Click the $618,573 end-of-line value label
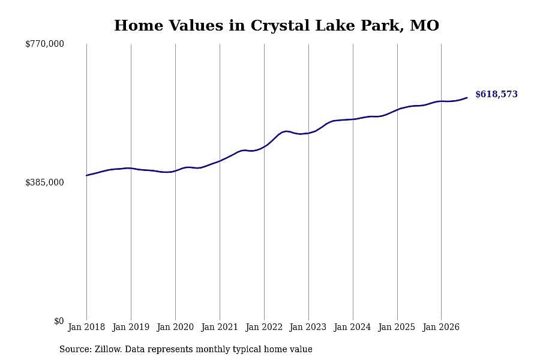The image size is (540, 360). tap(496, 94)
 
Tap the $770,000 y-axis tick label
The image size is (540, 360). tap(44, 44)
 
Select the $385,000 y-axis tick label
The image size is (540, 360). tap(44, 182)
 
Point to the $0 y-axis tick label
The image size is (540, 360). tap(59, 321)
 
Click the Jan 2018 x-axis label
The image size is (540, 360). tap(86, 327)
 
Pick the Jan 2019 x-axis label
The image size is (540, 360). tap(131, 327)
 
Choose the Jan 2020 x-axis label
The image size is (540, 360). tap(175, 327)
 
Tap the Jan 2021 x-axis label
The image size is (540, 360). tap(220, 327)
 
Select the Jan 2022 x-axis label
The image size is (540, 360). tap(264, 327)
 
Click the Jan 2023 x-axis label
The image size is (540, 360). tap(308, 327)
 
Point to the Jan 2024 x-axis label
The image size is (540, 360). tap(353, 327)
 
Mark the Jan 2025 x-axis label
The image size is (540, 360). tap(397, 327)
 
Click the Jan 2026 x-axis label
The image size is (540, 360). tap(441, 327)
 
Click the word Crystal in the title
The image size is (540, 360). tap(280, 26)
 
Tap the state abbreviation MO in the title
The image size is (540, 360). tap(425, 25)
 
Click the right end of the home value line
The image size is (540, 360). tap(467, 98)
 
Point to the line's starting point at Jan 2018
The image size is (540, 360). tap(86, 175)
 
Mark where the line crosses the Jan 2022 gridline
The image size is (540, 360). tap(264, 146)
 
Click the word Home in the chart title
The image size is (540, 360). tap(139, 25)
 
